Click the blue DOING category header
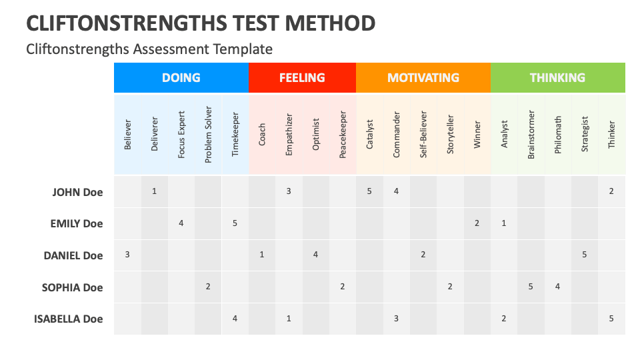(181, 77)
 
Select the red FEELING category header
(302, 77)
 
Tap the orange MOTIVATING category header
(423, 77)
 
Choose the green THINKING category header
(557, 77)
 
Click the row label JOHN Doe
(77, 192)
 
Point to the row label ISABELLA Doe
(68, 319)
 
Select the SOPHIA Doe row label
(72, 287)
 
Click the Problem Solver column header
(208, 135)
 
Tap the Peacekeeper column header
(343, 135)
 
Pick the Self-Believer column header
(423, 135)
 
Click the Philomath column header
(557, 135)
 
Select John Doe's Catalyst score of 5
(369, 191)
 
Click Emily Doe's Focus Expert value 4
(181, 223)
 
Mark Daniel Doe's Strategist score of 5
(585, 255)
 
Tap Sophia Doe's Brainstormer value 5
(531, 287)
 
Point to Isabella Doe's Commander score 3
(396, 319)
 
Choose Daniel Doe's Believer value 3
(127, 255)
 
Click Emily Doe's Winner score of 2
(477, 223)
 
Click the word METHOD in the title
(330, 23)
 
